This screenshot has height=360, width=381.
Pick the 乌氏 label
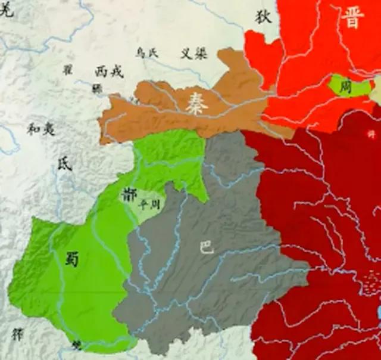(147, 53)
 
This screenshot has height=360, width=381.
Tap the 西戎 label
(109, 72)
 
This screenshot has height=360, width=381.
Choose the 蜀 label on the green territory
(73, 259)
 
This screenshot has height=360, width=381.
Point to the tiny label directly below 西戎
(96, 88)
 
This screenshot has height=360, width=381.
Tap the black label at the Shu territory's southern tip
(76, 345)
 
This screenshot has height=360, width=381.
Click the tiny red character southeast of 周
(372, 135)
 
